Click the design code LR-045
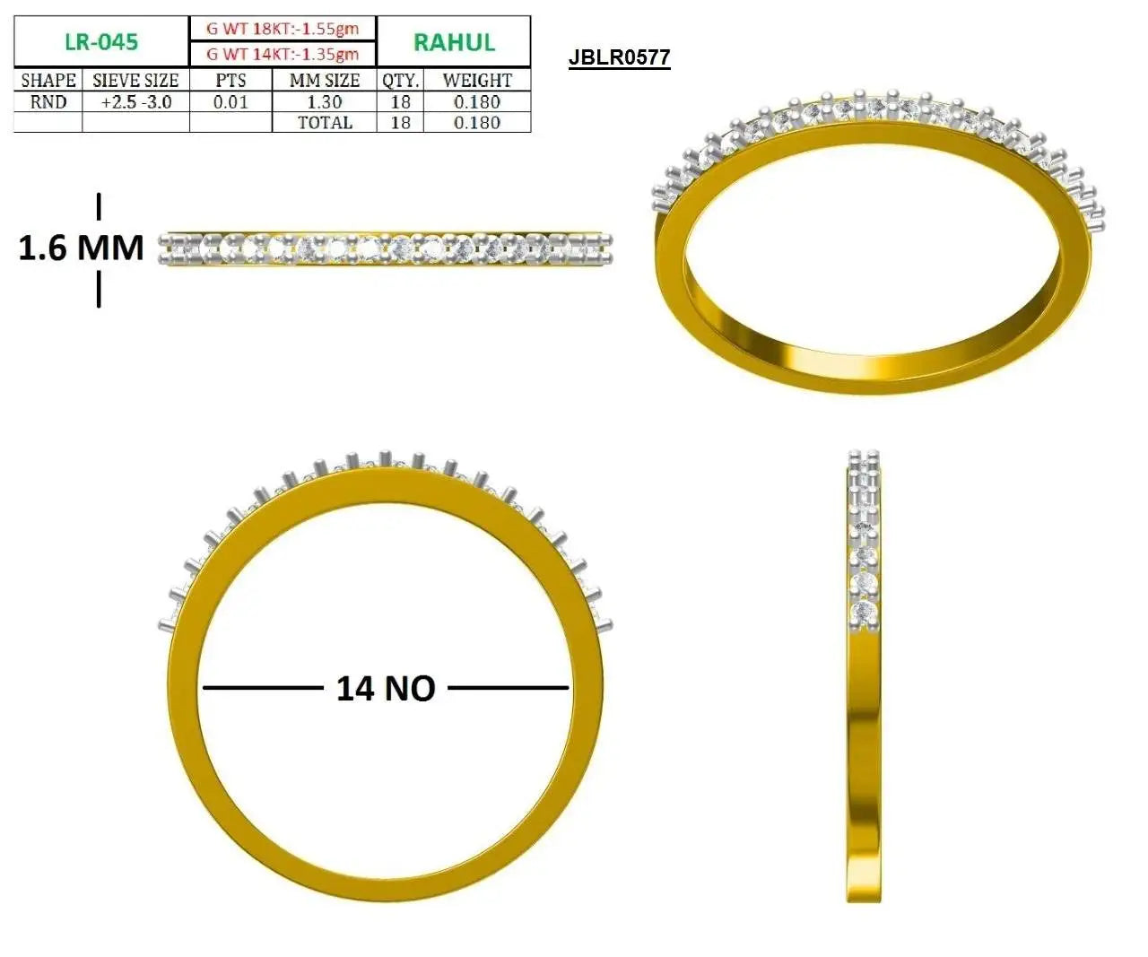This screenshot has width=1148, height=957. click(x=101, y=42)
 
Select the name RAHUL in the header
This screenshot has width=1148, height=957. click(x=454, y=42)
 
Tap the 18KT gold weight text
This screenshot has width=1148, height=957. click(x=283, y=29)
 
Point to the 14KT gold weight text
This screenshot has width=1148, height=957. click(x=283, y=54)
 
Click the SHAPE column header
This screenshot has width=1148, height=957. click(x=48, y=81)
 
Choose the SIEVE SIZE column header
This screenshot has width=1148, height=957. click(x=135, y=81)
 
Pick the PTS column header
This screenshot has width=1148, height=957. click(x=230, y=81)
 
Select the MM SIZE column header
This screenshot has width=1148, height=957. click(x=325, y=81)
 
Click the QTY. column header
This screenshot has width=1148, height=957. click(x=400, y=81)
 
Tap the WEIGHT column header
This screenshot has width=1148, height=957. click(x=477, y=81)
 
